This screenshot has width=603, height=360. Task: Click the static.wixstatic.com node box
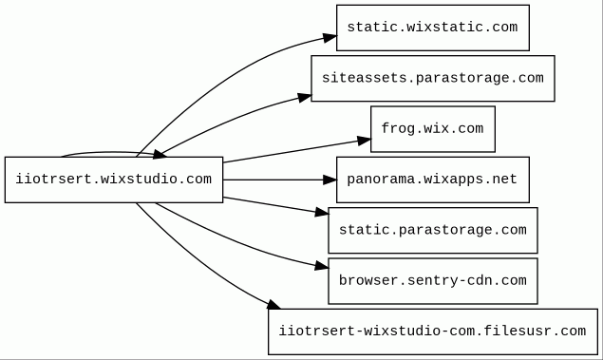click(433, 28)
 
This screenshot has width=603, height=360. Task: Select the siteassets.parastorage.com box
click(433, 79)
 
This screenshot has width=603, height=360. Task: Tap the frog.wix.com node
click(433, 129)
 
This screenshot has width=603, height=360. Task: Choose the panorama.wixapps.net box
click(433, 180)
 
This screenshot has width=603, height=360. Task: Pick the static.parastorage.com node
click(433, 231)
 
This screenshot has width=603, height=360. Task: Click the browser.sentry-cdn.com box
click(433, 281)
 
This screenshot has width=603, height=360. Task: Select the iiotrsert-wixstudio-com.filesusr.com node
click(433, 332)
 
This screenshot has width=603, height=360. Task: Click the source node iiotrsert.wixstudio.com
click(114, 180)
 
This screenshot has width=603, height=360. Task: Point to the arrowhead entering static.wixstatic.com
click(330, 38)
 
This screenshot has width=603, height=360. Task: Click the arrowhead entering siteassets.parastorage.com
click(305, 98)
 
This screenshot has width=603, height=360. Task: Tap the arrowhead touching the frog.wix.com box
click(365, 141)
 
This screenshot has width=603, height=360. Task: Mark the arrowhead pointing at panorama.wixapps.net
click(330, 180)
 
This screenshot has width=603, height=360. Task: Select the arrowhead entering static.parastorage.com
click(322, 213)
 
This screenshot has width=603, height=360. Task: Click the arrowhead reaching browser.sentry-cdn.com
click(322, 265)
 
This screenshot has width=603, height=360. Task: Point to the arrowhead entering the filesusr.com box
click(274, 305)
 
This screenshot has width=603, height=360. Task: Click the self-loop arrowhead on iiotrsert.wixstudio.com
click(160, 155)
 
